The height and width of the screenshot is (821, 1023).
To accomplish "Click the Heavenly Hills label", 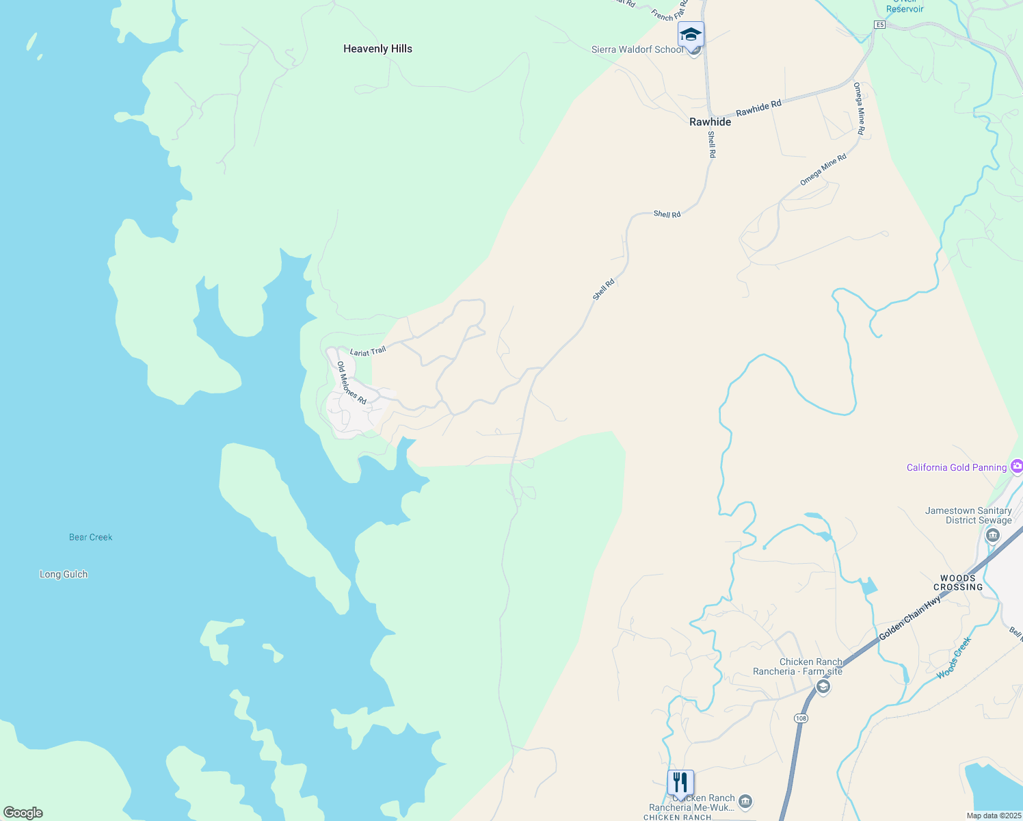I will click(377, 49).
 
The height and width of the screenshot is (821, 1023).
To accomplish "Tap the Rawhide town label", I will click(710, 122).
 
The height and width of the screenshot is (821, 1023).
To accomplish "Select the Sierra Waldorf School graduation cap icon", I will click(691, 34).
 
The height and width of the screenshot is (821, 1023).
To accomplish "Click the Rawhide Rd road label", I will click(758, 108).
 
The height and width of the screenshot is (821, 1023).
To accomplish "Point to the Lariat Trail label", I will click(368, 352).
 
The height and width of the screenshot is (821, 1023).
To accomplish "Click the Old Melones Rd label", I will click(351, 382).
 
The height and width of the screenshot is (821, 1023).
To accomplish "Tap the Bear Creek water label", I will click(90, 537).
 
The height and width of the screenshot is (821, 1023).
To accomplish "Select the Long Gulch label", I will click(64, 574).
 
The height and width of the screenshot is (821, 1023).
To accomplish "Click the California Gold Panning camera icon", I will click(1017, 467).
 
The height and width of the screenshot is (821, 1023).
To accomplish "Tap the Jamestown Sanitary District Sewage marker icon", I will click(993, 535).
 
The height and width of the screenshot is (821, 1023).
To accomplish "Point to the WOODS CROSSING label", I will click(958, 583).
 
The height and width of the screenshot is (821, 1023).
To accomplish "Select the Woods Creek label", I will click(954, 658).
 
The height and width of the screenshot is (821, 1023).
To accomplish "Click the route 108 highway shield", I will click(801, 718).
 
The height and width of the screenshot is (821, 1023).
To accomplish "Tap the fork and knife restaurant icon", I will click(680, 782).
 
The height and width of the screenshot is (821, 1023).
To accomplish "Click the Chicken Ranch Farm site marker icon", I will click(823, 686).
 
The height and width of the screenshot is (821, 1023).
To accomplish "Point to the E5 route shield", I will click(879, 25).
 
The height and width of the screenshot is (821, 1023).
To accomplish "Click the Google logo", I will click(23, 813).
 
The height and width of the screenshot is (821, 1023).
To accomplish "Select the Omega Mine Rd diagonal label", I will click(823, 169).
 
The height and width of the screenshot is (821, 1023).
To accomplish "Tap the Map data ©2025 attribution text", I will click(994, 816).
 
